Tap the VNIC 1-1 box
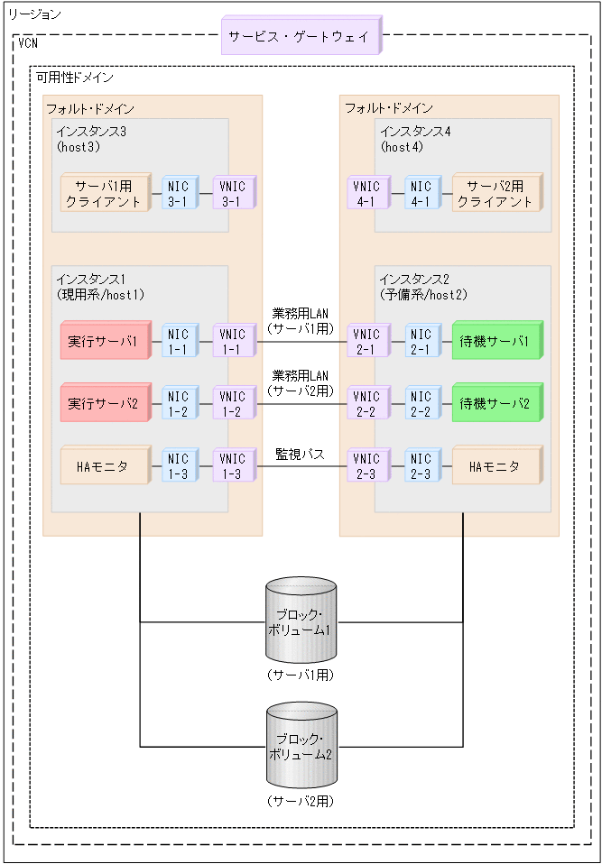233,342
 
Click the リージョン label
34,14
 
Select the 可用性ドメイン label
74,78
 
